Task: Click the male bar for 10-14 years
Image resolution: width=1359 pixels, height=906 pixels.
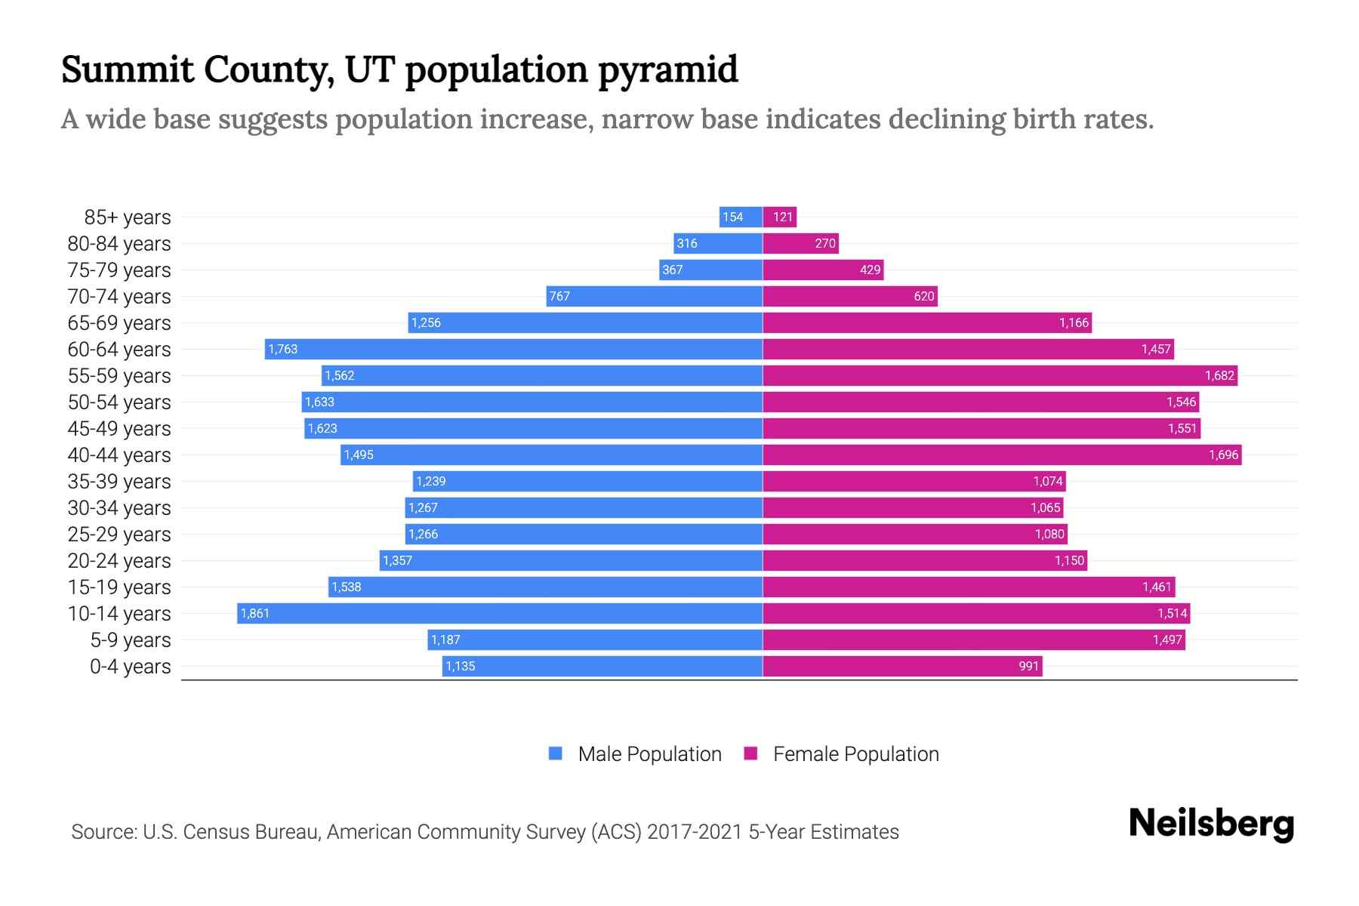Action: click(500, 613)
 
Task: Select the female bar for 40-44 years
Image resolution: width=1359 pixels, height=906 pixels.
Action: click(1002, 455)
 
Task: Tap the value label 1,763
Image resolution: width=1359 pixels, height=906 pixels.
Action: click(283, 350)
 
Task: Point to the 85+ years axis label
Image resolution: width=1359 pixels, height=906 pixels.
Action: click(128, 217)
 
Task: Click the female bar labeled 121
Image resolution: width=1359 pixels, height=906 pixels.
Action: click(780, 217)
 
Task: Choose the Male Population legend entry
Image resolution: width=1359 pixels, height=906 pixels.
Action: click(635, 753)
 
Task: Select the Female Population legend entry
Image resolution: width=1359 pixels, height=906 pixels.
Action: click(841, 753)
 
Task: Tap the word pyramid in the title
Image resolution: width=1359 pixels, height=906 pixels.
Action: click(667, 70)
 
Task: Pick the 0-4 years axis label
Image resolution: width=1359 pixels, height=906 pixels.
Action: click(131, 667)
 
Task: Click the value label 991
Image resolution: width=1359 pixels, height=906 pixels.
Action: click(1029, 667)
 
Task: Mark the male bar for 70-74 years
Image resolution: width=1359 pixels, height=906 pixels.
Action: click(655, 296)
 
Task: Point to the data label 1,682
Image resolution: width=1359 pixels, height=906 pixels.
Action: click(1219, 376)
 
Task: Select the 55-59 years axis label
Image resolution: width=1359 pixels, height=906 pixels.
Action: click(119, 376)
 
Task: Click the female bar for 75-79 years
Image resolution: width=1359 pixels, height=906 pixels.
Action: click(823, 270)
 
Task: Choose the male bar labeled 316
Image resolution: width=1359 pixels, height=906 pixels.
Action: click(718, 243)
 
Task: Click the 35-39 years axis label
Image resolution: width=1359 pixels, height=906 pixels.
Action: click(119, 482)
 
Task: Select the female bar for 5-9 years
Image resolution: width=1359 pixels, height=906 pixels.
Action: click(974, 640)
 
